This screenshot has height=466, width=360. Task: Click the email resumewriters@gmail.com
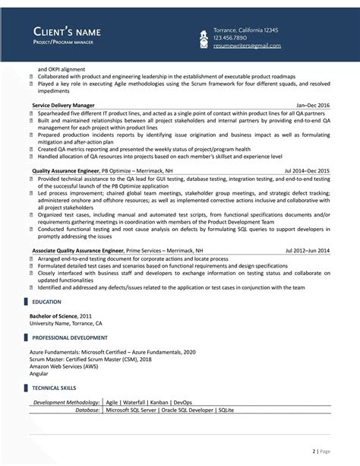point(247,46)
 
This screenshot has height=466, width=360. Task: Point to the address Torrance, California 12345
point(245,29)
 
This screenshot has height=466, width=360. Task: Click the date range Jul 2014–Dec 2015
point(307,172)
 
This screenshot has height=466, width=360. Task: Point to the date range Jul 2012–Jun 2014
point(308,250)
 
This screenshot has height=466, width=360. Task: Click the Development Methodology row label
point(66,401)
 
